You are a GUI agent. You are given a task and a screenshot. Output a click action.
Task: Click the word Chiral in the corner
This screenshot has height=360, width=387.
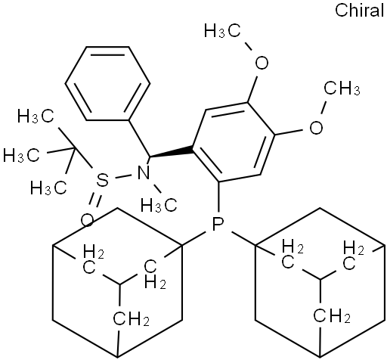click(x=360, y=11)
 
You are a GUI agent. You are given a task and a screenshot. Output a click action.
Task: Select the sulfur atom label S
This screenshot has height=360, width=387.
click(x=102, y=180)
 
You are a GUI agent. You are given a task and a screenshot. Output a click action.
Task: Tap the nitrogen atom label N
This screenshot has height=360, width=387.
click(x=144, y=173)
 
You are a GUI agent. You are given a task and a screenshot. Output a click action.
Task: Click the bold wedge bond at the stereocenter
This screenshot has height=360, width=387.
click(x=172, y=152)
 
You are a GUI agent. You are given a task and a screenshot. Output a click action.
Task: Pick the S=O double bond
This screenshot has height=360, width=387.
click(x=94, y=200)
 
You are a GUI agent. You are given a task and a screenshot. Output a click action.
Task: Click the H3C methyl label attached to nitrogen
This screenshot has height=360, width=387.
click(x=159, y=205)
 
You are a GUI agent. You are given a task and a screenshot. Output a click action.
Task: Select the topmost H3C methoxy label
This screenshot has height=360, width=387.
click(x=222, y=31)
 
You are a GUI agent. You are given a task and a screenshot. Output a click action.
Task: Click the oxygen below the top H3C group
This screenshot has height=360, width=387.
click(x=262, y=62)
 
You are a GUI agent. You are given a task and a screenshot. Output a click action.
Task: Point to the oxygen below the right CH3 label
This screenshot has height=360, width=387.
click(x=316, y=127)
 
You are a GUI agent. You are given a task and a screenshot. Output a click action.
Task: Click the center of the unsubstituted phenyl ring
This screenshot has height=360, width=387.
click(x=107, y=83)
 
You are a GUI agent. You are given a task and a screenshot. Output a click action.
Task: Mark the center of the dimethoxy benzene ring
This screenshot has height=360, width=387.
click(x=234, y=142)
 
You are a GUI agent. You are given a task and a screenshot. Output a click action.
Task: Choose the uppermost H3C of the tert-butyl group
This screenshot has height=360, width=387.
click(x=36, y=116)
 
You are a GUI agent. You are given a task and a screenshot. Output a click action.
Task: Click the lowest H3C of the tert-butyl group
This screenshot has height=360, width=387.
click(x=48, y=188)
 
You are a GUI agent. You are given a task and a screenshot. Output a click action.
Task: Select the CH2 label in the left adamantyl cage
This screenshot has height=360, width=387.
click(x=131, y=319)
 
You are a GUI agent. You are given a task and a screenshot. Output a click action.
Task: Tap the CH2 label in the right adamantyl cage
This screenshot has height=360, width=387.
click(x=332, y=315)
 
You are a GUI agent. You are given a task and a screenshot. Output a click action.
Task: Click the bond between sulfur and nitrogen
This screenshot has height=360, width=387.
click(x=123, y=176)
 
